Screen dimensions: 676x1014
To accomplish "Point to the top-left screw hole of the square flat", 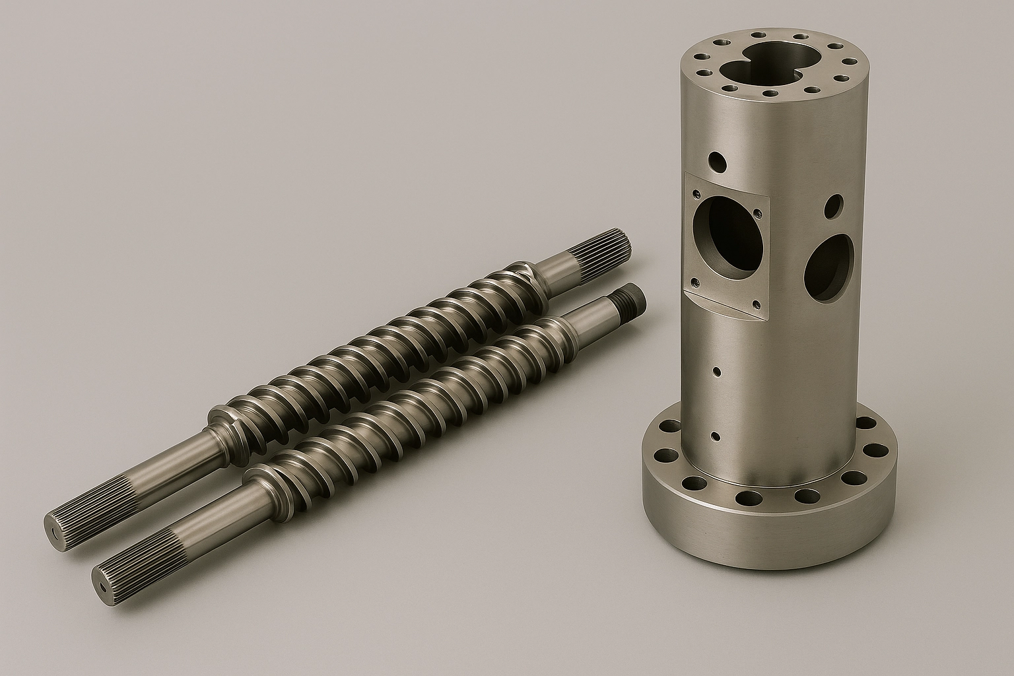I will pyautogui.click(x=696, y=194).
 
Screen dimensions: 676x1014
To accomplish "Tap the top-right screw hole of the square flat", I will pyautogui.click(x=757, y=213).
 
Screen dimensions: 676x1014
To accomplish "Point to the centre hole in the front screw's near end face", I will pyautogui.click(x=104, y=586).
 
